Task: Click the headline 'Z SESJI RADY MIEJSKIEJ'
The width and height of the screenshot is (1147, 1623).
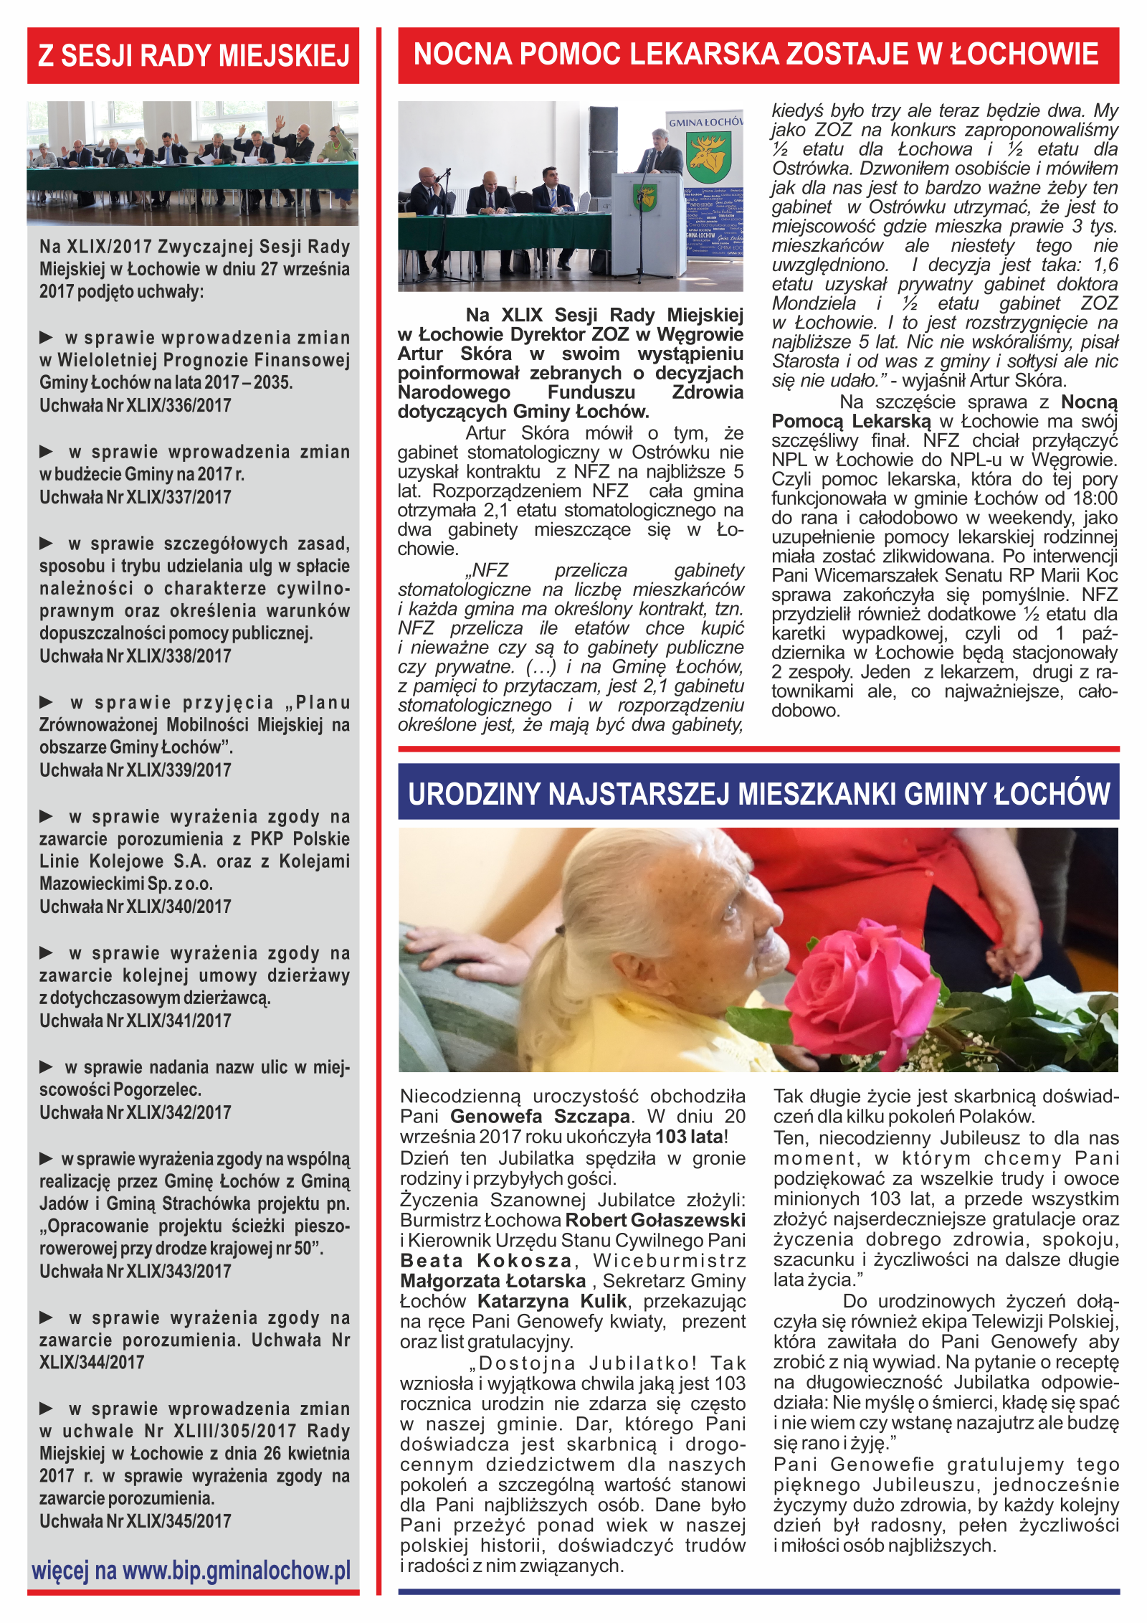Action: point(193,56)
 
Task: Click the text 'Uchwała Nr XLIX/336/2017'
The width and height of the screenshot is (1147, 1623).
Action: point(135,406)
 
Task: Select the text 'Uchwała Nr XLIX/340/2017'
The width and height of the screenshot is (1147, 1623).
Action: point(135,907)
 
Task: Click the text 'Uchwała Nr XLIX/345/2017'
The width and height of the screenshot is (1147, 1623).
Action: point(135,1521)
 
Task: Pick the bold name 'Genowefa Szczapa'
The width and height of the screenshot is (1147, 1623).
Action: point(540,1117)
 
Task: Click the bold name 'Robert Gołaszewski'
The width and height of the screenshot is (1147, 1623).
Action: point(655,1220)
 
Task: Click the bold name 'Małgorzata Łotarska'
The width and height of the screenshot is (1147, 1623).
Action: point(493,1281)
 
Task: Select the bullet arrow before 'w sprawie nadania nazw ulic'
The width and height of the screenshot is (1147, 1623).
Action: point(47,1067)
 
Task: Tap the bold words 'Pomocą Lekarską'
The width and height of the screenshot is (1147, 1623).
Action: point(851,422)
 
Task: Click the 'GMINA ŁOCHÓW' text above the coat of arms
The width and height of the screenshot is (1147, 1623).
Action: point(705,123)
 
